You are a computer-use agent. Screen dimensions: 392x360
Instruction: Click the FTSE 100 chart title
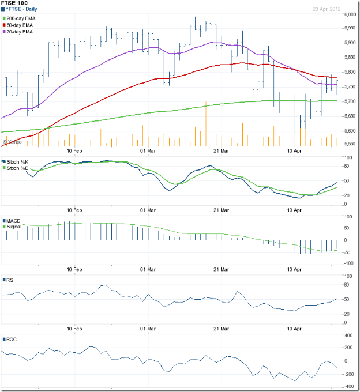point(14,3)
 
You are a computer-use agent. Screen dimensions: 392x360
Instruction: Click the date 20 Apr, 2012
point(342,9)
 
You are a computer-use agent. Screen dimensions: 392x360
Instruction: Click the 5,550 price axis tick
point(349,145)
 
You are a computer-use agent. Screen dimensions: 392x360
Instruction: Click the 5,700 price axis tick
point(349,101)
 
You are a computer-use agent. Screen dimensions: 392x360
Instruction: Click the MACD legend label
point(14,221)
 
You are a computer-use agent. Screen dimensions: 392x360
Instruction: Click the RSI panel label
point(11,280)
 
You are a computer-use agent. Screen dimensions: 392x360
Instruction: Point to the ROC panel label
point(12,339)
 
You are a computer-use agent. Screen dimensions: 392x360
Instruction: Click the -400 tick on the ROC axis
point(348,387)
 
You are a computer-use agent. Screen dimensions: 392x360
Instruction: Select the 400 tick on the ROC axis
point(348,335)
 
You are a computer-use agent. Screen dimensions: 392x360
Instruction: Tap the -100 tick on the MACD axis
point(348,263)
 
